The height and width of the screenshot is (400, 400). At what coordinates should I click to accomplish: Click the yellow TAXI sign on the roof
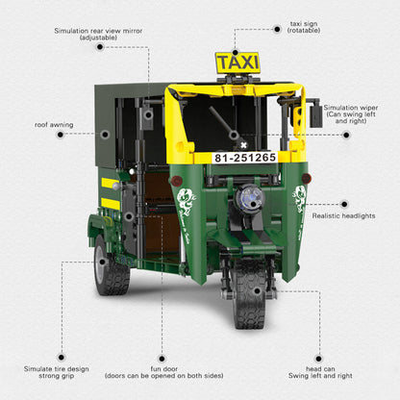pyautogui.click(x=237, y=63)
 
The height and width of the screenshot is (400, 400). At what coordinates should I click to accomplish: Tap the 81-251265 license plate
pyautogui.click(x=245, y=158)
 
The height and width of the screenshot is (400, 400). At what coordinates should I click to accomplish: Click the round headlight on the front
pyautogui.click(x=250, y=198)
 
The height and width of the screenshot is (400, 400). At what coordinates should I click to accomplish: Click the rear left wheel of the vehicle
pyautogui.click(x=112, y=271)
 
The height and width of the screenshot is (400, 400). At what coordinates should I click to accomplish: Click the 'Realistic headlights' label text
pyautogui.click(x=344, y=216)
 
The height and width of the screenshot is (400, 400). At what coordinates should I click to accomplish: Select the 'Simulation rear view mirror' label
pyautogui.click(x=98, y=36)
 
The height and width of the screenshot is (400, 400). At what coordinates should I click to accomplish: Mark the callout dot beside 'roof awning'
pyautogui.click(x=61, y=136)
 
